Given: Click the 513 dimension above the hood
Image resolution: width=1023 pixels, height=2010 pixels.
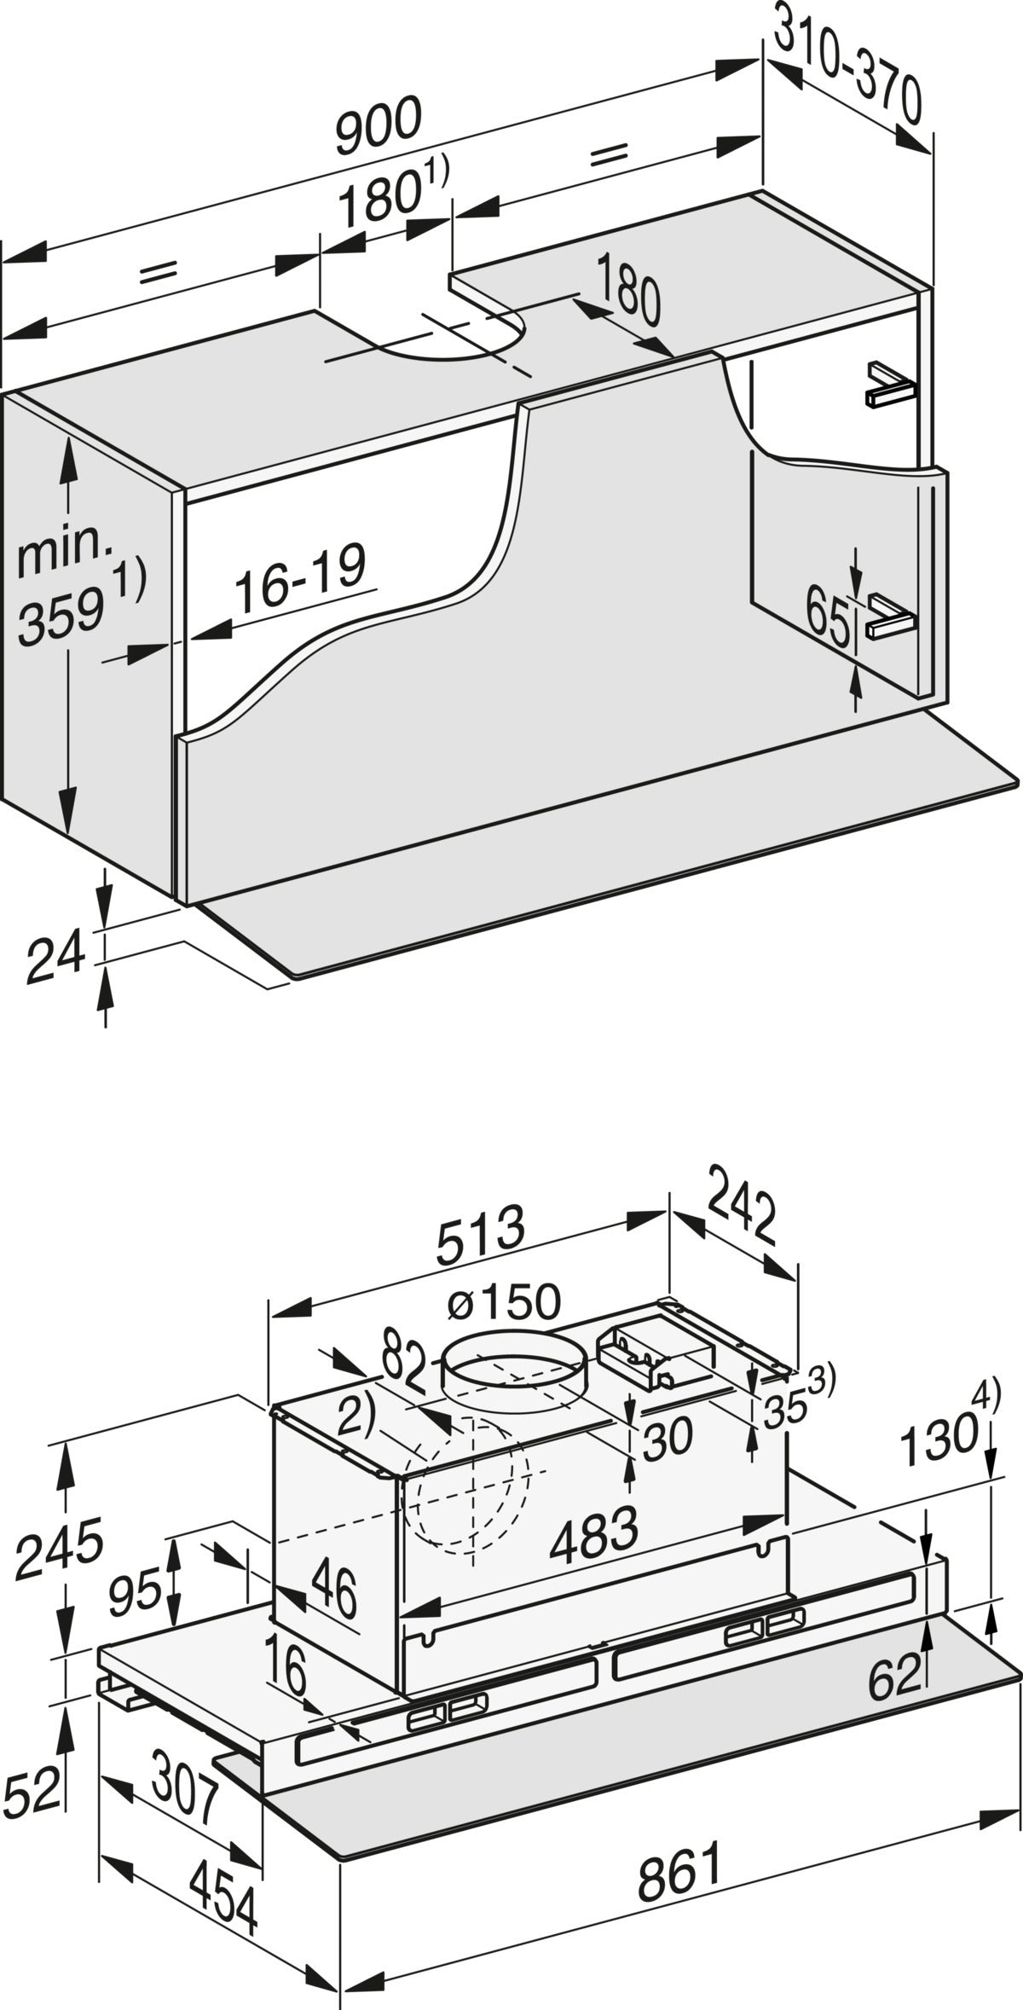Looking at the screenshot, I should tap(480, 1237).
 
